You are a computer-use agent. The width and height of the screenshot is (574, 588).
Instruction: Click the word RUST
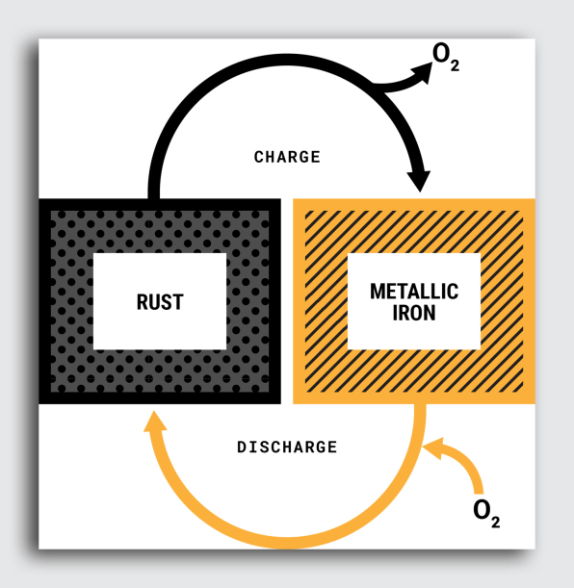point(160,302)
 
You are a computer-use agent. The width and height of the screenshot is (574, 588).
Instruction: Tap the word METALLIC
point(414,292)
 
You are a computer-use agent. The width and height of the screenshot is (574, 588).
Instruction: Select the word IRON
point(414,313)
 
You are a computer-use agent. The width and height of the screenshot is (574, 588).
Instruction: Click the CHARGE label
point(287,157)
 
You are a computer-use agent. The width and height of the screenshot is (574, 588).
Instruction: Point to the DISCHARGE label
point(287,447)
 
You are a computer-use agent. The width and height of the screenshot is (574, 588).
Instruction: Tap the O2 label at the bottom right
point(486,514)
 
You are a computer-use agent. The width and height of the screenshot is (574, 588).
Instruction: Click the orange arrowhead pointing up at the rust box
point(154,422)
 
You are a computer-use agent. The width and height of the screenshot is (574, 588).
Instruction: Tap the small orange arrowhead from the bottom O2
point(433,448)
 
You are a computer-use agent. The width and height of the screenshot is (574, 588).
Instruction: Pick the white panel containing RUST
point(160,301)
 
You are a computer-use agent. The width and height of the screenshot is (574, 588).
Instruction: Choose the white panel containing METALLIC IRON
point(414,301)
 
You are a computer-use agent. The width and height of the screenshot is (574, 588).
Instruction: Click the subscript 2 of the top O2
point(455,65)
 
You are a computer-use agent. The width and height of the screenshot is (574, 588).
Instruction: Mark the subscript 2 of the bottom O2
point(495,523)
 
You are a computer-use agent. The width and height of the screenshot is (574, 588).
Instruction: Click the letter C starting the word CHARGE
point(259,157)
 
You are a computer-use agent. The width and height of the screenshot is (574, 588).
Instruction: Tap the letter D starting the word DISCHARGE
point(242,447)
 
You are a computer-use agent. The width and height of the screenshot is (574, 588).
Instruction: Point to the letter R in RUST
point(143,302)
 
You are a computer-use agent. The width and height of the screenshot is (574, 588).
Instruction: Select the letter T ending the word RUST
point(178,302)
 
